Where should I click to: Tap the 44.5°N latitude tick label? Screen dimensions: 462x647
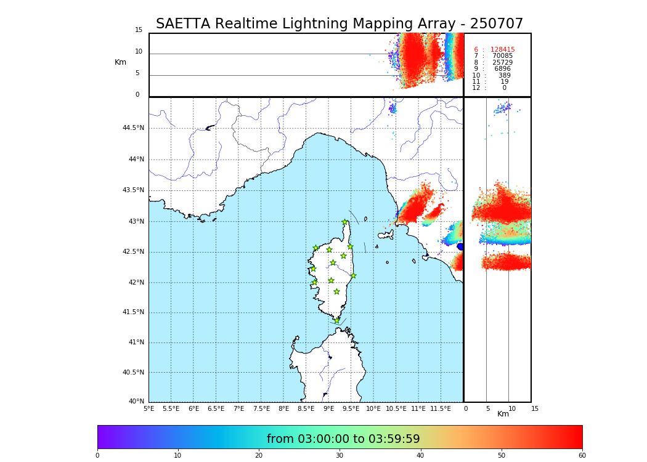pyautogui.click(x=133, y=128)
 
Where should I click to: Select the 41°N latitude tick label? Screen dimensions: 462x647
pyautogui.click(x=136, y=342)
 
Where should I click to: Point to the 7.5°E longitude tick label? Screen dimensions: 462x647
pyautogui.click(x=261, y=408)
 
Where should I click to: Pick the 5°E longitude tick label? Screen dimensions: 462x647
pyautogui.click(x=149, y=408)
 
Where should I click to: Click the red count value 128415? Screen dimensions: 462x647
pyautogui.click(x=502, y=50)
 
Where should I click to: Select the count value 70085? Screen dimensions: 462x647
pyautogui.click(x=502, y=56)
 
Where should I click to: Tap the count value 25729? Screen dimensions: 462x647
pyautogui.click(x=502, y=63)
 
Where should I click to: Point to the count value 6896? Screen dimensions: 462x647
pyautogui.click(x=502, y=69)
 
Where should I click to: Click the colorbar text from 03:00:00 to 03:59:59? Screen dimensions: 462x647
pyautogui.click(x=343, y=439)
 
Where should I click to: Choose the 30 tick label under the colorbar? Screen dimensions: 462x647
pyautogui.click(x=340, y=456)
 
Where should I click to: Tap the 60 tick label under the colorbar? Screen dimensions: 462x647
pyautogui.click(x=582, y=456)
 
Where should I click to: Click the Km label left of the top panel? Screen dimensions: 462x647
pyautogui.click(x=120, y=62)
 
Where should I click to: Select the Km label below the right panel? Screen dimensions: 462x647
pyautogui.click(x=503, y=414)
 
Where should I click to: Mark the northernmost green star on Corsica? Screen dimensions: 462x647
pyautogui.click(x=345, y=222)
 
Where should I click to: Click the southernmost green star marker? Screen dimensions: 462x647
pyautogui.click(x=336, y=320)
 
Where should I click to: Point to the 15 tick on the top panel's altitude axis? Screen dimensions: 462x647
pyautogui.click(x=139, y=30)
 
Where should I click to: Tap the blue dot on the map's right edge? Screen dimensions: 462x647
pyautogui.click(x=460, y=246)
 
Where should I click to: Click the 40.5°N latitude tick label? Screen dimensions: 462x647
pyautogui.click(x=133, y=373)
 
